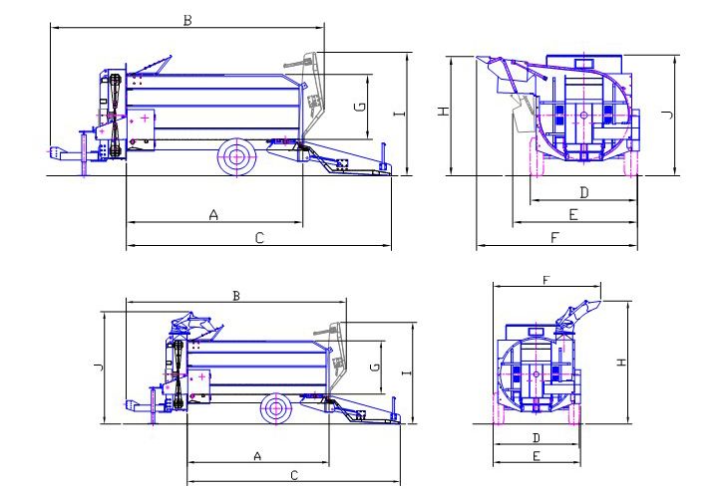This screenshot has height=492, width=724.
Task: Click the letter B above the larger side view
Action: point(187,20)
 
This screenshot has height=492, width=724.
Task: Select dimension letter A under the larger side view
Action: point(213,215)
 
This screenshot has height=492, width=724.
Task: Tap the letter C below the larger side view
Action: point(259,238)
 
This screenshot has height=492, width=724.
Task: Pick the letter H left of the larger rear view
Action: point(444,112)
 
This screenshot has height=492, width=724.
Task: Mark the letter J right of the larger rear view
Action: point(668,115)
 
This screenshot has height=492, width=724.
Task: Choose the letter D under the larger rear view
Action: point(584,192)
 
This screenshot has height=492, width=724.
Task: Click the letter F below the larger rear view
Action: point(555,237)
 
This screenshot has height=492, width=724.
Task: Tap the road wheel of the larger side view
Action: point(237,156)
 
